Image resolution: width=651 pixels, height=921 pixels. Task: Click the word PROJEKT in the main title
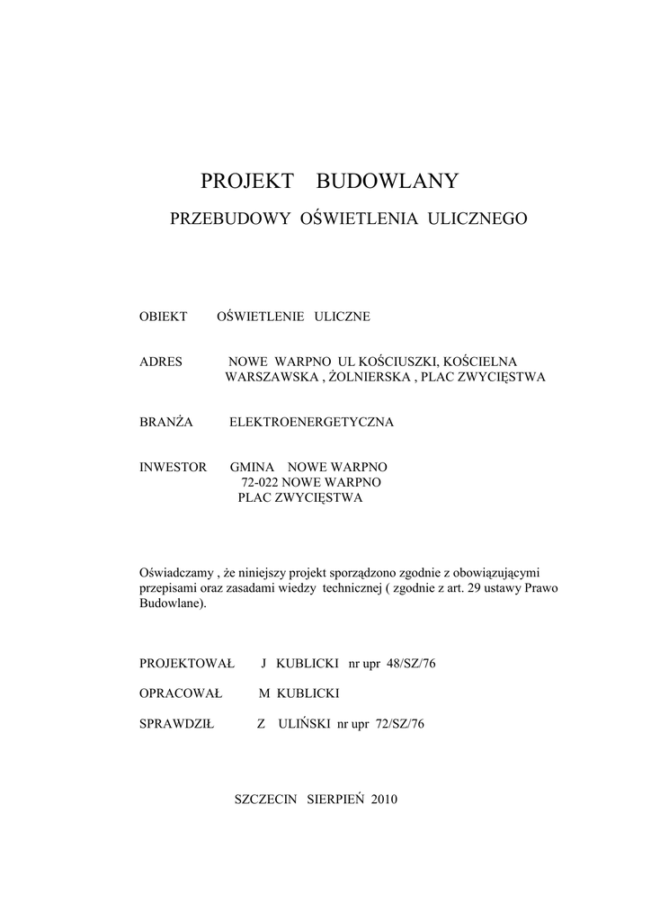pos(247,182)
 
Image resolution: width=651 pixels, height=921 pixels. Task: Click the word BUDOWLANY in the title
pos(388,182)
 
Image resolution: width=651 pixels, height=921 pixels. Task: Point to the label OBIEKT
pos(163,317)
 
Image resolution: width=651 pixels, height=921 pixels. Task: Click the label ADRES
pos(161,362)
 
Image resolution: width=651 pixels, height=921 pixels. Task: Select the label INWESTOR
pos(174,468)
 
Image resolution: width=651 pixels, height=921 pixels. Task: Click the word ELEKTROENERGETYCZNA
pos(311,421)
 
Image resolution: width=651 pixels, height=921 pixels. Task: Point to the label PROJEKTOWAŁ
pos(186,664)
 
